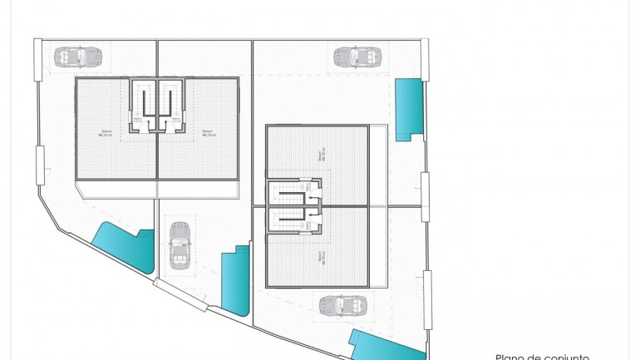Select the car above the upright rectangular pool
(357, 57)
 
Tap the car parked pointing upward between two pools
(178, 243)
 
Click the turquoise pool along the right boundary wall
(407, 109)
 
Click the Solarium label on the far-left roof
(106, 133)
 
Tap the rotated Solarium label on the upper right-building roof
(321, 155)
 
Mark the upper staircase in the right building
(291, 193)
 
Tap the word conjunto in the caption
(568, 357)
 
